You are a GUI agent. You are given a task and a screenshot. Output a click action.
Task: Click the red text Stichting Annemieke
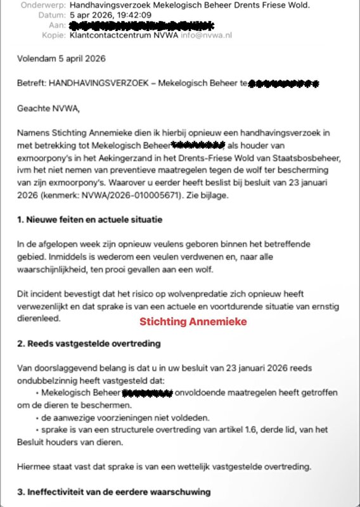[x=193, y=321]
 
